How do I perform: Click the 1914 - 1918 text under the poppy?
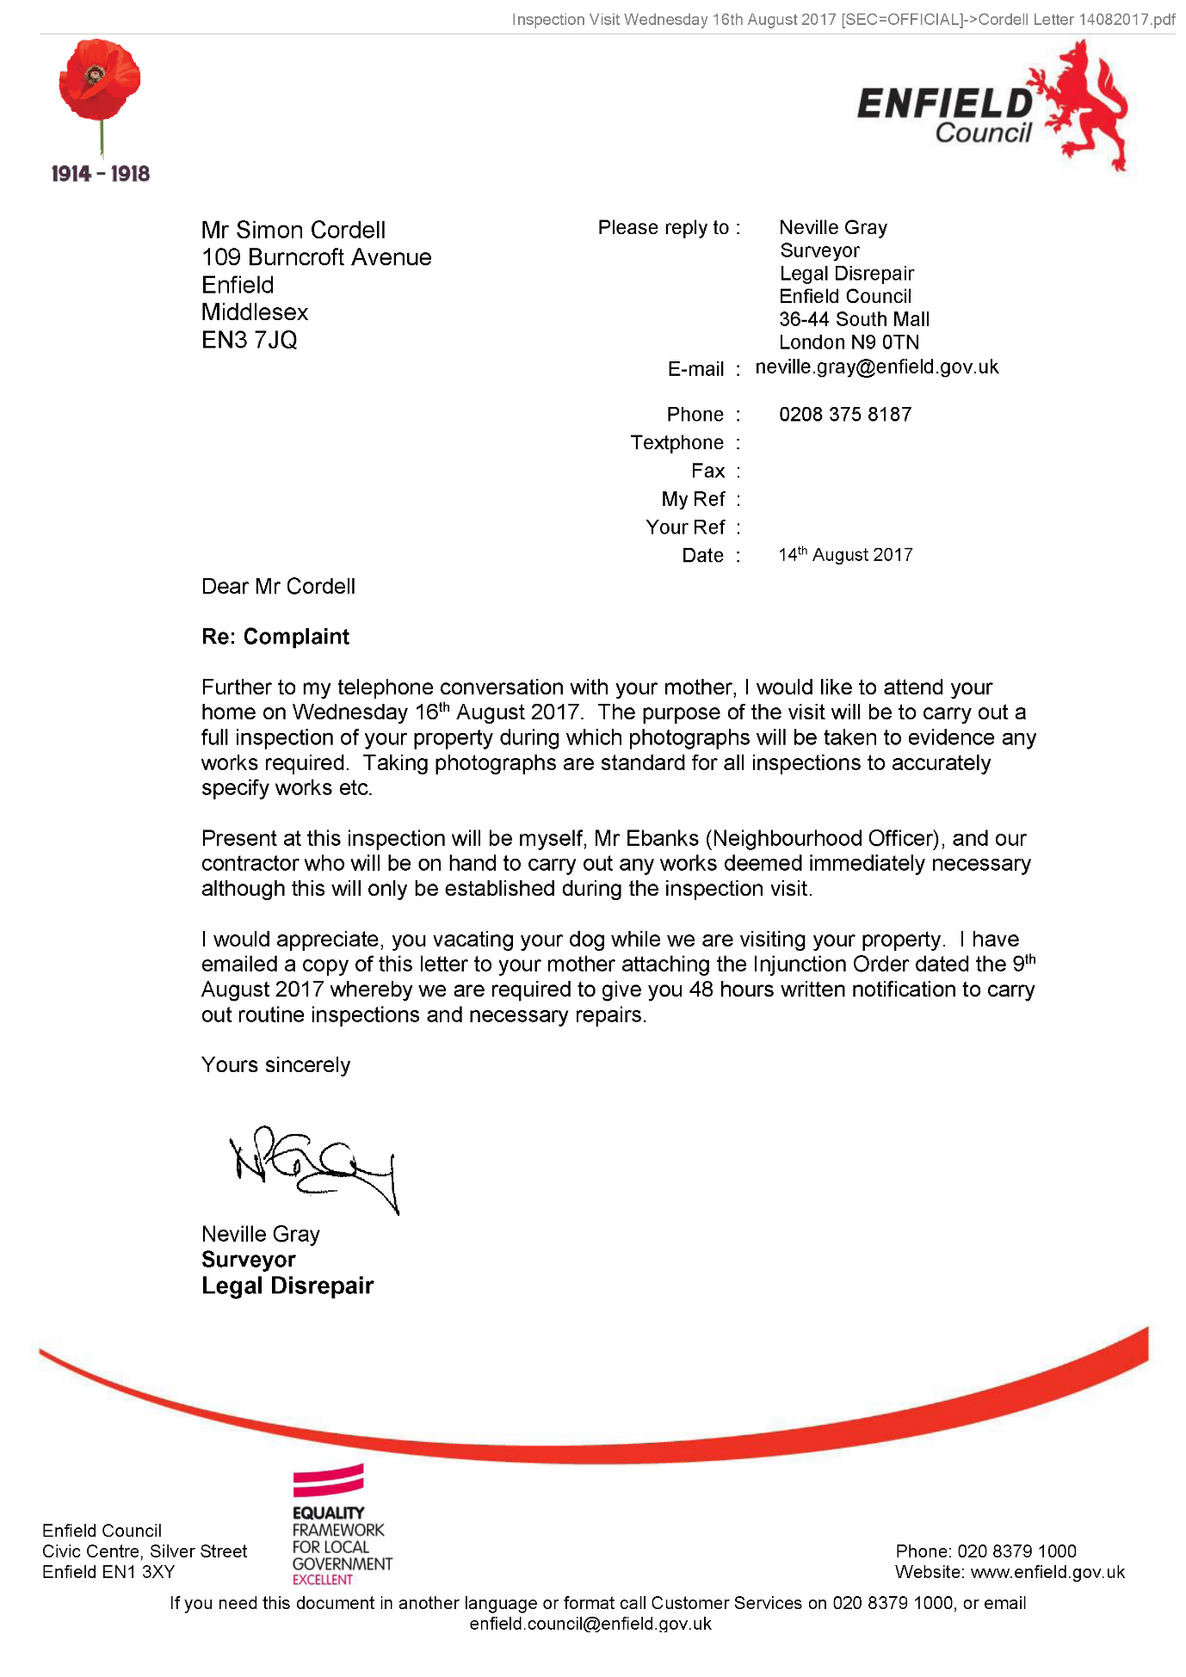point(101,174)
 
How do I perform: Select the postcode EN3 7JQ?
point(250,341)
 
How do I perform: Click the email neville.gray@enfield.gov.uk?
point(876,367)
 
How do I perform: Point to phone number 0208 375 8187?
point(844,415)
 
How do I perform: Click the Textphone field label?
point(676,443)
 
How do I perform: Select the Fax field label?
point(707,472)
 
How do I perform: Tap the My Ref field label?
point(693,500)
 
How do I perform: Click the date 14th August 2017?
point(845,555)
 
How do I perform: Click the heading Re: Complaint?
point(275,637)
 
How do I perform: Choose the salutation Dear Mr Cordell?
point(278,587)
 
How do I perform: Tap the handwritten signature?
point(314,1166)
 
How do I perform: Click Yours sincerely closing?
point(275,1065)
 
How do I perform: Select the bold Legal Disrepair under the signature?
point(287,1286)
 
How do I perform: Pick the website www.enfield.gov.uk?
point(1047,1573)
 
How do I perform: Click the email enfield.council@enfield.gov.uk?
point(590,1625)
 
